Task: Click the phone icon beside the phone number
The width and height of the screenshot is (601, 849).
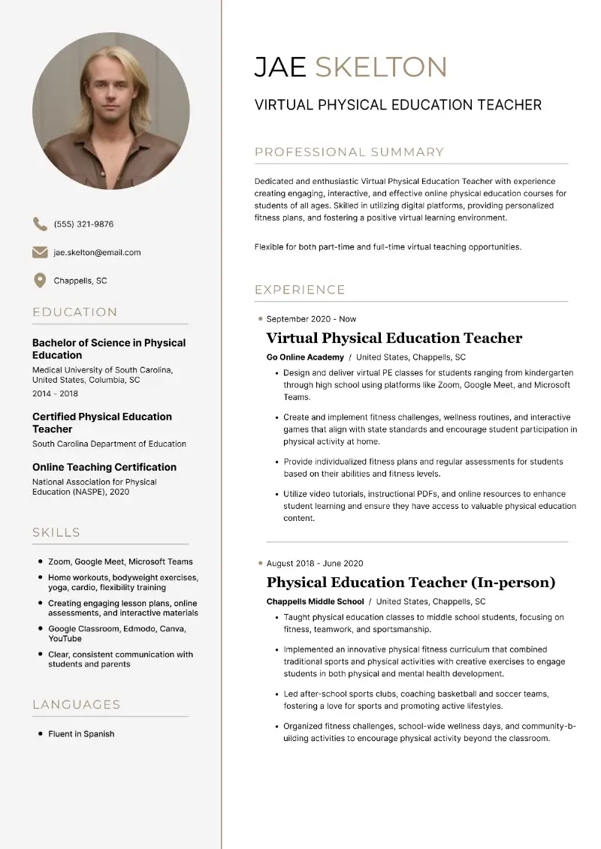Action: pos(40,224)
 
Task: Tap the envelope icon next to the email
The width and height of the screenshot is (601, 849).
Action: pos(40,252)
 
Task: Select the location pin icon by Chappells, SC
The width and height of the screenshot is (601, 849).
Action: pos(40,281)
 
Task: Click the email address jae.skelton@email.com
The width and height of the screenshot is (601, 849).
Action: pos(97,252)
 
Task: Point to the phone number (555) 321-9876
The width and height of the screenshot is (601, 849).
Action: pos(83,224)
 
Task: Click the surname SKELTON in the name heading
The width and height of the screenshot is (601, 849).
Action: pos(381,67)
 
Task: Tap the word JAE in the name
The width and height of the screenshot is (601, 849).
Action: pos(280,67)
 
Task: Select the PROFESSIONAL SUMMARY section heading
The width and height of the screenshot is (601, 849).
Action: pos(349,152)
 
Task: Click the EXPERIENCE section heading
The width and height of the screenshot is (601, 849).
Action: pos(300,290)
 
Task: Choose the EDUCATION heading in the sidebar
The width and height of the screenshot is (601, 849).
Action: pos(75,312)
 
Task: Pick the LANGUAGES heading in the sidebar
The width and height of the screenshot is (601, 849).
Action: pos(77,705)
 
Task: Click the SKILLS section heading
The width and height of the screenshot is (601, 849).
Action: pos(56,533)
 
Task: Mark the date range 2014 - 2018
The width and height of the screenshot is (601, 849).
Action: pos(55,393)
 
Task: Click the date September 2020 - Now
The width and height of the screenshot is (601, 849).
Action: pos(311,319)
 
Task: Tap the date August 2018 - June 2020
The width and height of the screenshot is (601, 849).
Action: pos(315,564)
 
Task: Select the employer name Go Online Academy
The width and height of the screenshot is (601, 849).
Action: pos(305,357)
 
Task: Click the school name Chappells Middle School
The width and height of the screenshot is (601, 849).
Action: pos(315,601)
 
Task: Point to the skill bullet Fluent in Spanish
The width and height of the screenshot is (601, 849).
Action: pos(81,734)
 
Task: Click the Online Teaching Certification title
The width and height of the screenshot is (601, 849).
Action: pos(104,467)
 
